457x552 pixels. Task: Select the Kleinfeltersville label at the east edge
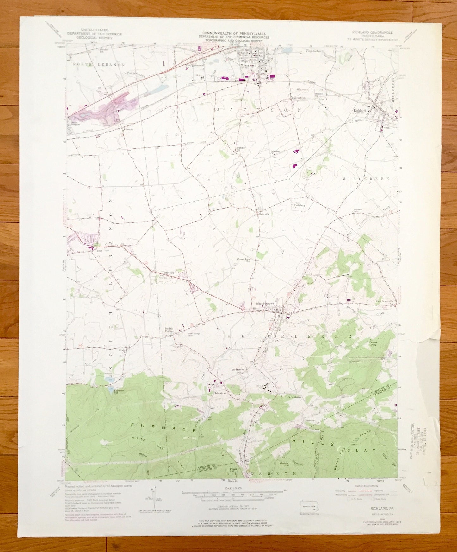pyautogui.click(x=384, y=301)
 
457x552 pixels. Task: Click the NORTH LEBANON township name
pyautogui.click(x=99, y=64)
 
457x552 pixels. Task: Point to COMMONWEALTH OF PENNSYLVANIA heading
pyautogui.click(x=234, y=33)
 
